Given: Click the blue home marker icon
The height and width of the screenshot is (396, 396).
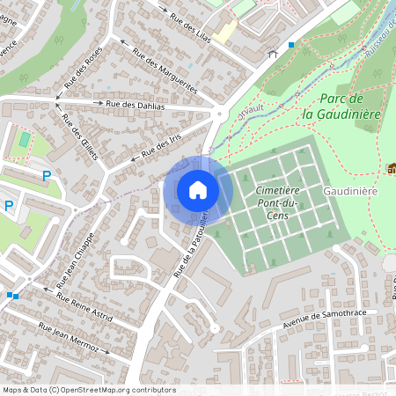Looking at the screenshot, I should (198, 189).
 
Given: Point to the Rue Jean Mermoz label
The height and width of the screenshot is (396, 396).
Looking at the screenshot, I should (69, 338).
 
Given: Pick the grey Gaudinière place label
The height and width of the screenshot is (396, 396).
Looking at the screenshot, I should (349, 191).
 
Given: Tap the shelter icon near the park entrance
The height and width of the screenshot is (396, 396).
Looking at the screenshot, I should (273, 54).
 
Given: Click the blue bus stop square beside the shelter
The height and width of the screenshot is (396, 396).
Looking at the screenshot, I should (291, 44).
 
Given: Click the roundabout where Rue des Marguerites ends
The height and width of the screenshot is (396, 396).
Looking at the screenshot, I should (218, 114).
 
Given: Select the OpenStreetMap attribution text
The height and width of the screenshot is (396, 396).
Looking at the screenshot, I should (89, 390).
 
